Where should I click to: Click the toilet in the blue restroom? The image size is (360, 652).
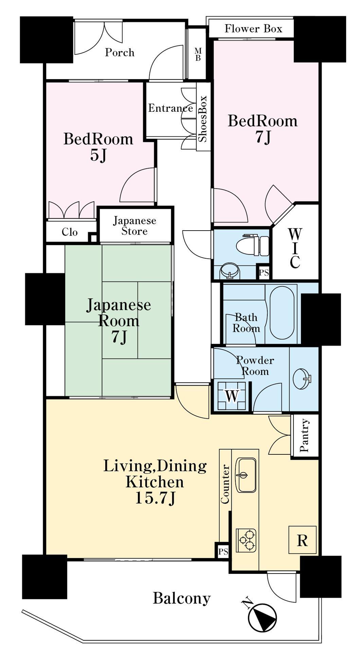(253, 245)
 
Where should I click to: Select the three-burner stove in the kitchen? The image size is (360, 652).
(246, 540)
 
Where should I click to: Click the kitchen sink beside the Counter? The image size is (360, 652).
(246, 475)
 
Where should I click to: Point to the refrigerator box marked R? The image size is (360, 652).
(302, 540)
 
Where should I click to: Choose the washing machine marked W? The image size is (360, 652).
(231, 396)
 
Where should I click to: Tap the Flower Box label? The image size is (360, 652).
(253, 29)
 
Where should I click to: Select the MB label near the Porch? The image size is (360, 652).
(198, 54)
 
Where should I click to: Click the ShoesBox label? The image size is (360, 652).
(202, 119)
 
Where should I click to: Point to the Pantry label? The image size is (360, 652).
(304, 435)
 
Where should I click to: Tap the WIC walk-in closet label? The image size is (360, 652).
(295, 248)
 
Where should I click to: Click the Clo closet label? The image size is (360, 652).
(70, 232)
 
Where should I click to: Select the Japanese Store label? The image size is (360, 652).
(134, 226)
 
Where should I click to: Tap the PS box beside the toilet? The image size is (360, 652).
(264, 272)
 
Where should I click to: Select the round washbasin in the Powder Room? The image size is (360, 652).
(302, 379)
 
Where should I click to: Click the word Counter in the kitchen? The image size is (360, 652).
(225, 484)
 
